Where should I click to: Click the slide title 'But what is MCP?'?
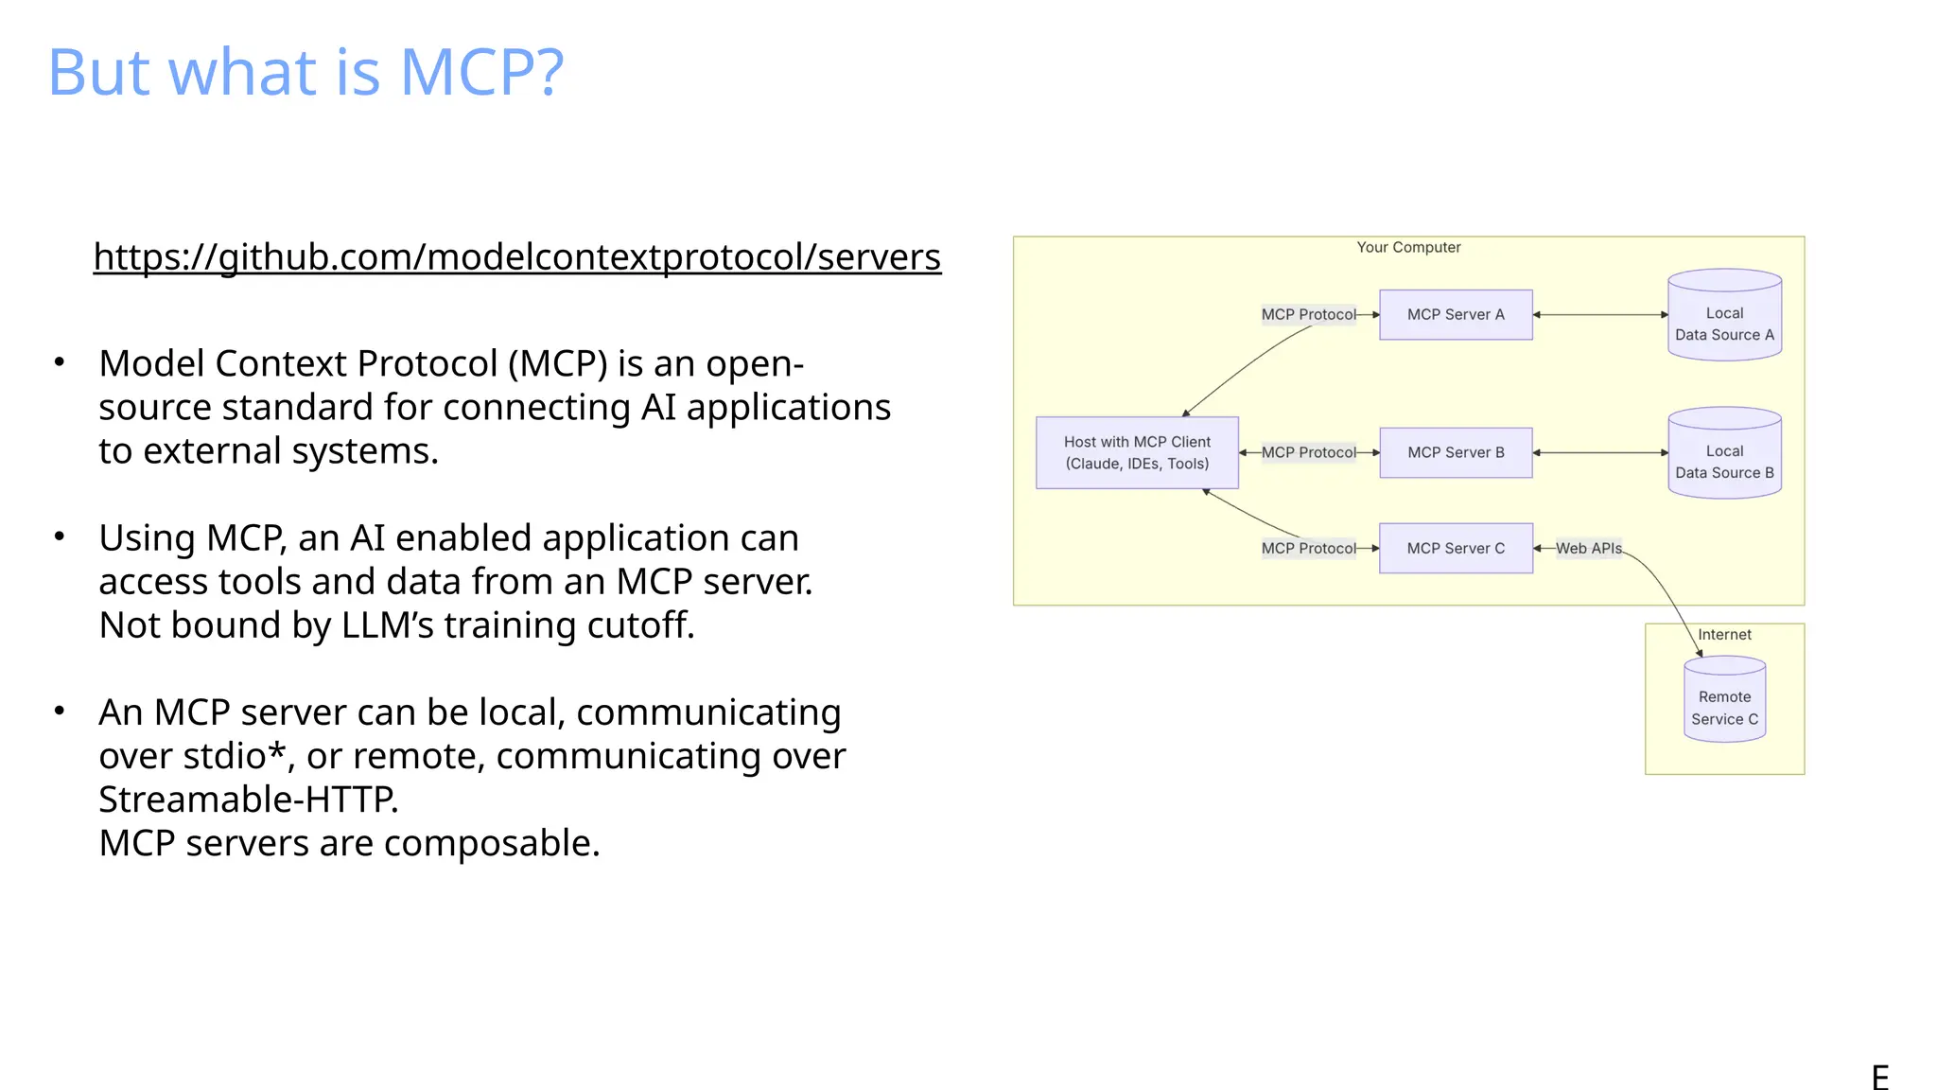pos(305,72)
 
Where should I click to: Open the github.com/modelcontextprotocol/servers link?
pos(516,256)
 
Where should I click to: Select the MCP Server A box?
pos(1455,314)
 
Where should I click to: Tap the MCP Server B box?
pos(1455,452)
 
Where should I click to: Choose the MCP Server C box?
pos(1455,548)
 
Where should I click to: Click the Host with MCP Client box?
pos(1136,452)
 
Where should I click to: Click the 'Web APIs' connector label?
pos(1588,548)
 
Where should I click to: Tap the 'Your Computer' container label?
pos(1407,247)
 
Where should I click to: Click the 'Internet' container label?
pos(1723,634)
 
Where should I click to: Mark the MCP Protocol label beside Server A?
pos(1308,314)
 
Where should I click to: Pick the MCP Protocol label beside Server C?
pos(1308,548)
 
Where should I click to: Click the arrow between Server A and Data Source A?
pos(1599,314)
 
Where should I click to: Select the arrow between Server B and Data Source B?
pos(1599,452)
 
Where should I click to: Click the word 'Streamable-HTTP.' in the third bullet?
pos(248,800)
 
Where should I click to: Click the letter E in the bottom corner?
pos(1879,1077)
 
